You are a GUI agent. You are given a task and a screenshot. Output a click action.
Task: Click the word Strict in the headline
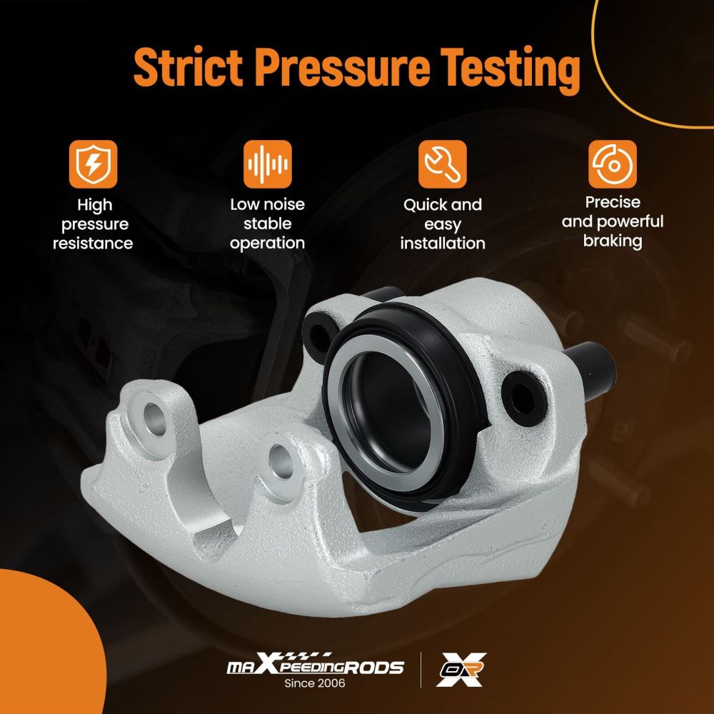pyautogui.click(x=188, y=67)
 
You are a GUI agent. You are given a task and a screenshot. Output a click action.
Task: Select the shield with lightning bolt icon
pyautogui.click(x=94, y=164)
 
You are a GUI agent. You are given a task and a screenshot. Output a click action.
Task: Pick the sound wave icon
pyautogui.click(x=267, y=164)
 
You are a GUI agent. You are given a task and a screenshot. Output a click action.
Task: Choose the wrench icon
pyautogui.click(x=443, y=164)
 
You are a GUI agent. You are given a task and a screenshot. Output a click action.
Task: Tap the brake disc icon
pyautogui.click(x=613, y=164)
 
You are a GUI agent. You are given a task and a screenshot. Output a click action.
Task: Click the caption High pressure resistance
pyautogui.click(x=94, y=224)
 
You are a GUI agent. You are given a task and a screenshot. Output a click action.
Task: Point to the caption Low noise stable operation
pyautogui.click(x=267, y=224)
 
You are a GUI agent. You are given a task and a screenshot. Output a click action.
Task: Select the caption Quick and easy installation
pyautogui.click(x=443, y=224)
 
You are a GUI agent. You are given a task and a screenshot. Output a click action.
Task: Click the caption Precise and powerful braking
pyautogui.click(x=613, y=221)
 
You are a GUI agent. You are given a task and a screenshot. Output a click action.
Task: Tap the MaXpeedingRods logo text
pyautogui.click(x=315, y=665)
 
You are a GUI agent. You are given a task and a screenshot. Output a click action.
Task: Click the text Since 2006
pyautogui.click(x=315, y=683)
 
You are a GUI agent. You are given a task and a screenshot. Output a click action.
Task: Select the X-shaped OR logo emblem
pyautogui.click(x=461, y=670)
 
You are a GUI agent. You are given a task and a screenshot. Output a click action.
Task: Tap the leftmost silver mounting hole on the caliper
pyautogui.click(x=154, y=418)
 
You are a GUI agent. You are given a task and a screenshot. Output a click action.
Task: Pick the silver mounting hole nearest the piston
pyautogui.click(x=281, y=461)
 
